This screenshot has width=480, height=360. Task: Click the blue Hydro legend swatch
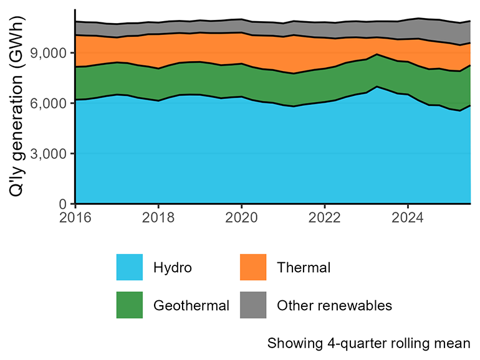tap(130, 267)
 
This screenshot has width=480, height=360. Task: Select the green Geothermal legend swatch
tap(130, 305)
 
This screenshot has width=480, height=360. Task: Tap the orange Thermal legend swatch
tap(253, 267)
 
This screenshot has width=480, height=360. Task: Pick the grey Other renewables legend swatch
tap(253, 305)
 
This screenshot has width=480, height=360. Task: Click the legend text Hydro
tap(173, 268)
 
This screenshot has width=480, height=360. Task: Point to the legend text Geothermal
tap(191, 305)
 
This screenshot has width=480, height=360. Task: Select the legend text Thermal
tap(304, 268)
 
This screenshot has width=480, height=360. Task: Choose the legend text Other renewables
tap(334, 305)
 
